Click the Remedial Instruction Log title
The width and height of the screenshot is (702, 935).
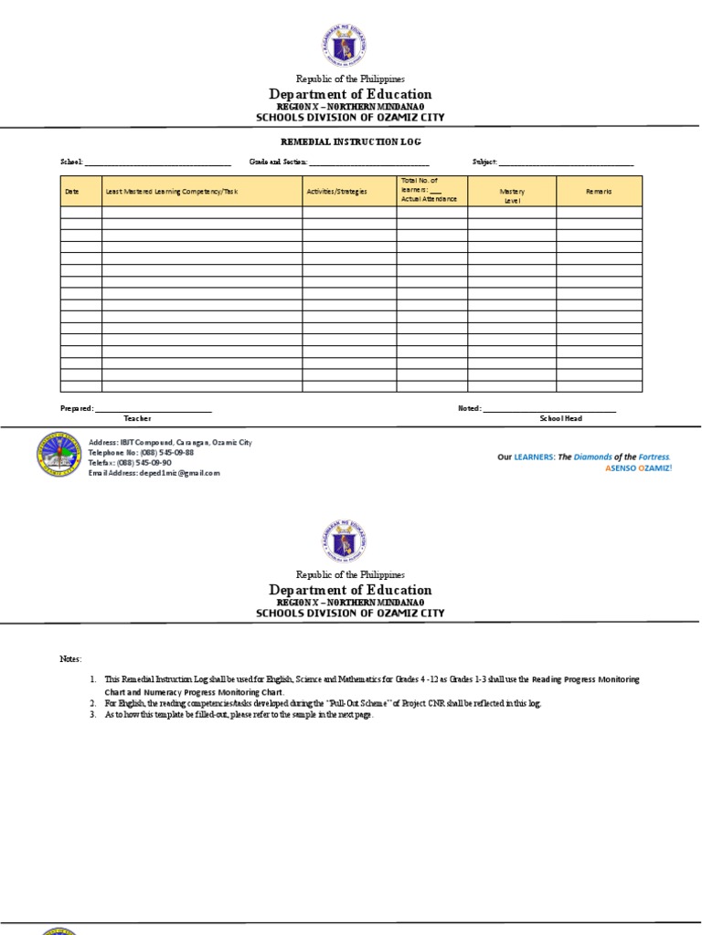350,142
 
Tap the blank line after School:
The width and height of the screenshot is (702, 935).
157,163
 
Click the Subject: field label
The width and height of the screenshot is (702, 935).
484,162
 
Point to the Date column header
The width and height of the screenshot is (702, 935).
72,192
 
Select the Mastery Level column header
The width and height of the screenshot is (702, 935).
512,195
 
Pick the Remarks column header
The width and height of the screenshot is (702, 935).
599,192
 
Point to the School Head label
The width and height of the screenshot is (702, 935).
560,418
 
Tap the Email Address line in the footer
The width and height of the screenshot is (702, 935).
154,473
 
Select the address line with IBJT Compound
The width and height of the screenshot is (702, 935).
170,442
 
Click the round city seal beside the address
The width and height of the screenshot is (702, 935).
58,454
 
